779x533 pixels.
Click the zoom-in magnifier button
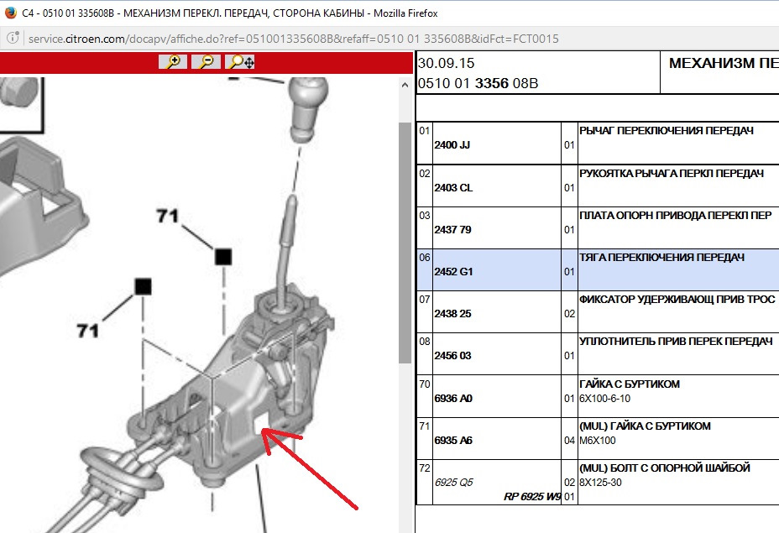pyautogui.click(x=173, y=61)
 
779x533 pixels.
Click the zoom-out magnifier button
pyautogui.click(x=207, y=61)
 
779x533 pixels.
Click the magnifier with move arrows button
pyautogui.click(x=240, y=61)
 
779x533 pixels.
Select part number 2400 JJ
pyautogui.click(x=452, y=145)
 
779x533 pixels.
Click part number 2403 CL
pyautogui.click(x=453, y=188)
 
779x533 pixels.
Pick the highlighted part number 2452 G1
pyautogui.click(x=453, y=272)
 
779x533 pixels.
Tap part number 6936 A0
pyautogui.click(x=453, y=399)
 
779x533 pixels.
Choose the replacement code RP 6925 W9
pyautogui.click(x=532, y=496)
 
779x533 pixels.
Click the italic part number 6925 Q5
pyautogui.click(x=453, y=483)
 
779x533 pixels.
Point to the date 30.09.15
pyautogui.click(x=446, y=63)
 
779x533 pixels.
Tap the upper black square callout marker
pyautogui.click(x=223, y=257)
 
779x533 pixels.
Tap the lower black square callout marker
pyautogui.click(x=143, y=286)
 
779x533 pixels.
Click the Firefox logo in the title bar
pyautogui.click(x=10, y=13)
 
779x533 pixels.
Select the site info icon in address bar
pyautogui.click(x=13, y=38)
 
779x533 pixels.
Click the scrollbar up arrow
pyautogui.click(x=405, y=85)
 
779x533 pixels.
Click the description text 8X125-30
pyautogui.click(x=600, y=483)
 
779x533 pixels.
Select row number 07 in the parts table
pyautogui.click(x=424, y=300)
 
